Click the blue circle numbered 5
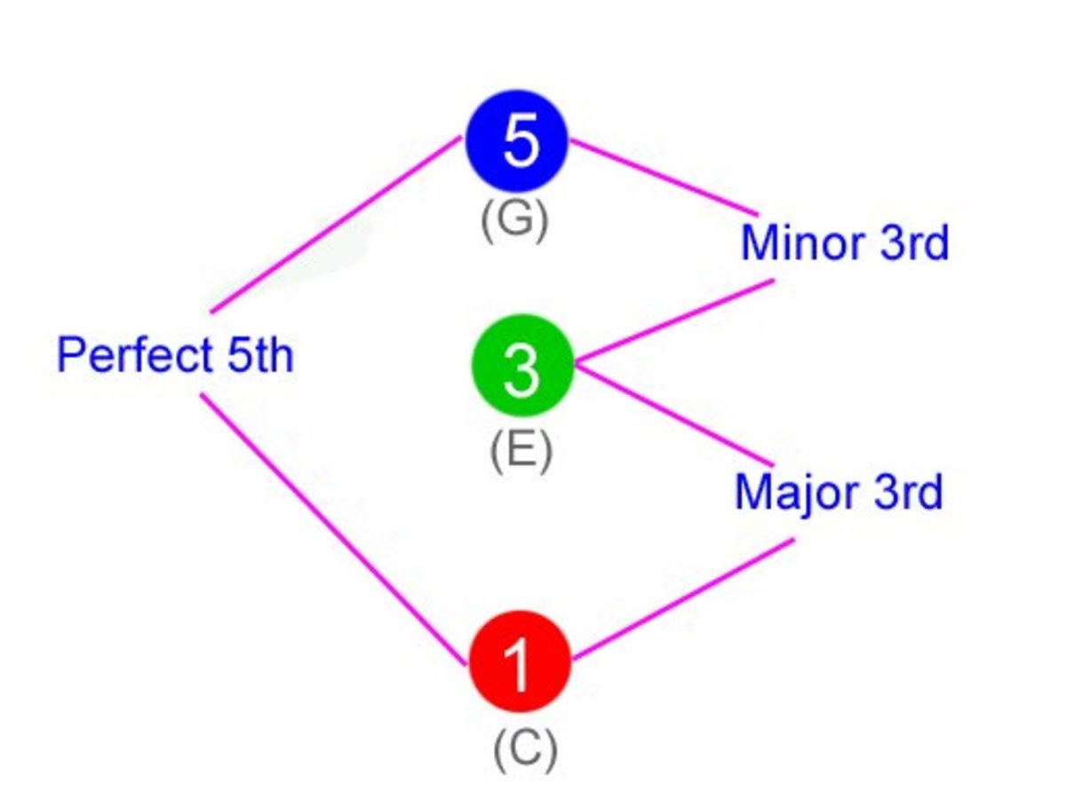click(x=517, y=141)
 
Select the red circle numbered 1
click(x=519, y=661)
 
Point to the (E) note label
click(x=521, y=451)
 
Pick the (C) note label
click(x=525, y=750)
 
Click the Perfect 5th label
click(x=175, y=356)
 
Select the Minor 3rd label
click(x=845, y=243)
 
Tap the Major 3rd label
click(x=839, y=492)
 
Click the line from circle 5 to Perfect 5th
click(x=336, y=225)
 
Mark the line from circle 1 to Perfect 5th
click(x=333, y=529)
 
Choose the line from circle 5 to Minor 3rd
click(x=664, y=178)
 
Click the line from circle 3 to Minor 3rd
click(x=675, y=322)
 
